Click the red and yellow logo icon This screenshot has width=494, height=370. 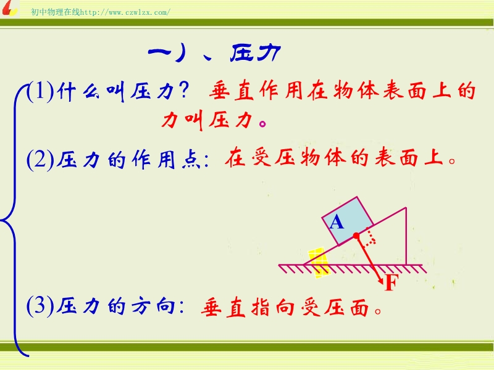point(9,8)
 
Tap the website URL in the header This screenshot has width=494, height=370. point(125,12)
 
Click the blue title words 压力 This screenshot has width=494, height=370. point(256,53)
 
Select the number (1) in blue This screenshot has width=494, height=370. point(40,91)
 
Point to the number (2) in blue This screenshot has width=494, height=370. point(40,159)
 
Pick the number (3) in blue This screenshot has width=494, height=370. point(40,305)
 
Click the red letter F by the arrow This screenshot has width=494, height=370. point(391,282)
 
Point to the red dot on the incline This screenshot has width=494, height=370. point(356,236)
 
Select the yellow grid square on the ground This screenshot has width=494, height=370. point(319,263)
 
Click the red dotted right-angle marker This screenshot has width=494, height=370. point(370,237)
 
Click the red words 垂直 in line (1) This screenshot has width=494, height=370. point(232,91)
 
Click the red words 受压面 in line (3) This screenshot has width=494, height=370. point(335,306)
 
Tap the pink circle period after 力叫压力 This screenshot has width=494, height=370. point(262,123)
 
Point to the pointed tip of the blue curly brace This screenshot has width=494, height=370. point(1,220)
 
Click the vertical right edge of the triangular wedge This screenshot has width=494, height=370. point(406,236)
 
